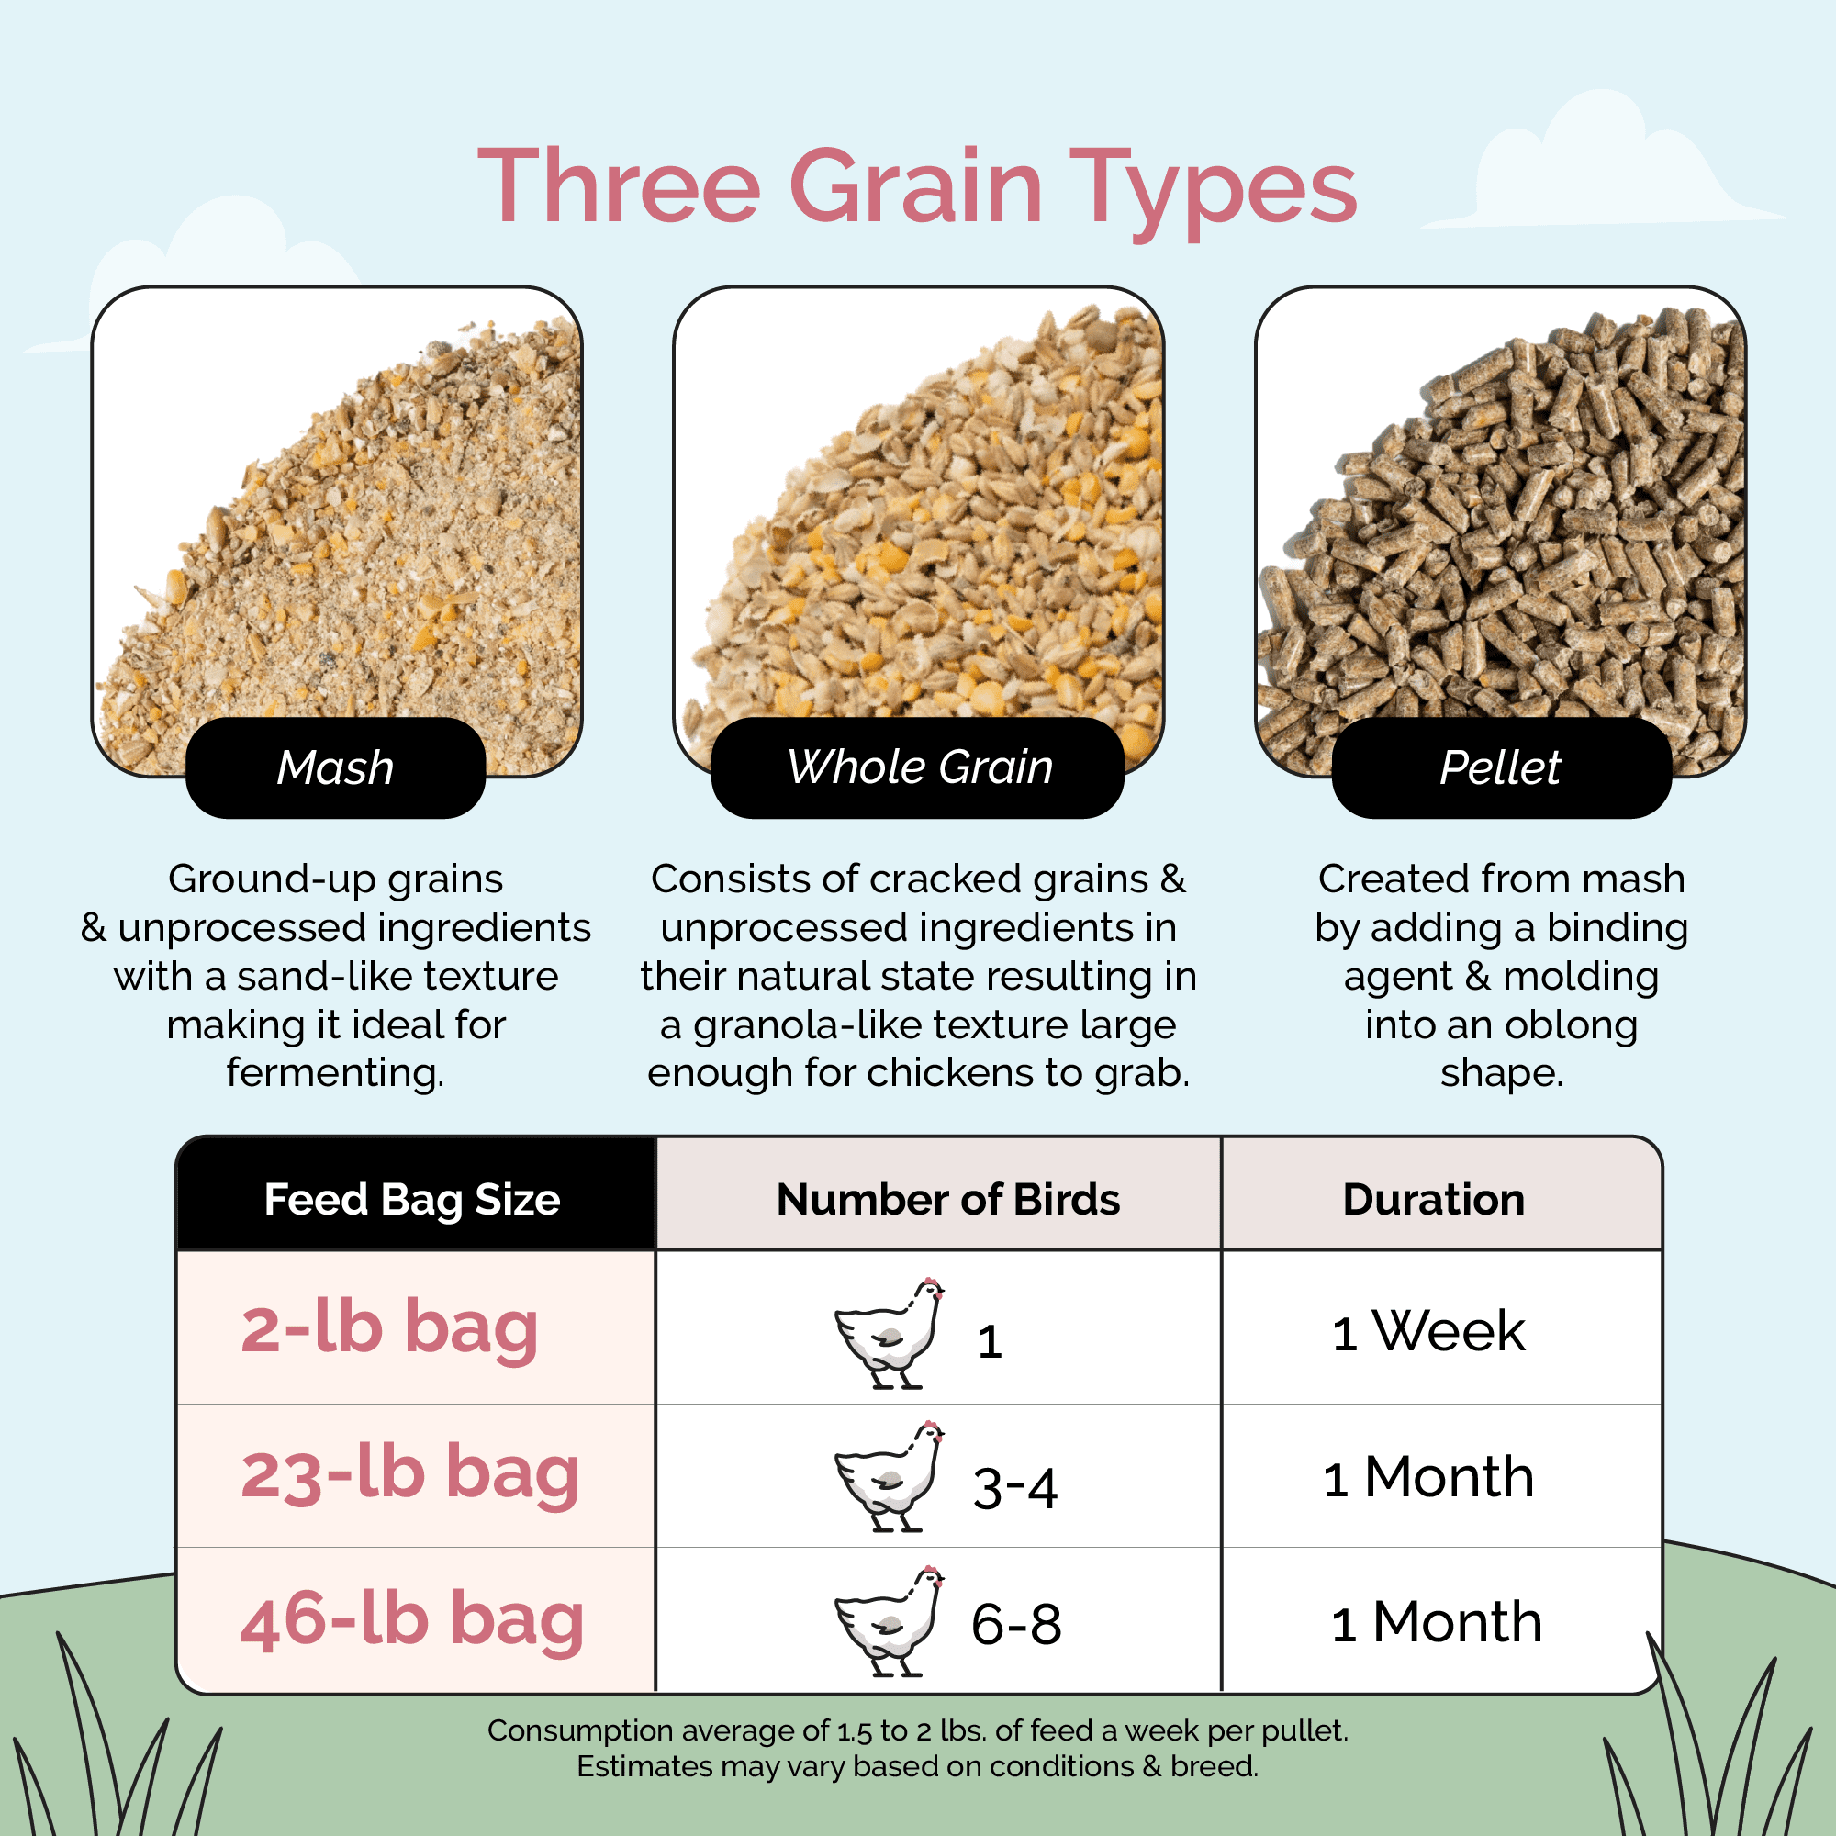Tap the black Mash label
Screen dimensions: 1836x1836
[335, 767]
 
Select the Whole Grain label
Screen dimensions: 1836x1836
[919, 767]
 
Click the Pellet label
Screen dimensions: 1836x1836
[1501, 767]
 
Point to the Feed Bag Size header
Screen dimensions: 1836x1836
[411, 1199]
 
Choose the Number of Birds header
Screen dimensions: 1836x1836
[947, 1199]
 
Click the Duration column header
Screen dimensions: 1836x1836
[1433, 1199]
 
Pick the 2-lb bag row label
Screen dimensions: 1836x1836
[389, 1327]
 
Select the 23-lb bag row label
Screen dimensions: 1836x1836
[409, 1473]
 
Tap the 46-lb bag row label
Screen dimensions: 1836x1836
[411, 1619]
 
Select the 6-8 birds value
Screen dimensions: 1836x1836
[1016, 1624]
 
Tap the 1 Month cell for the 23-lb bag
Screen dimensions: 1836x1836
[1427, 1477]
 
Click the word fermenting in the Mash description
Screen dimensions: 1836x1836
[335, 1073]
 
